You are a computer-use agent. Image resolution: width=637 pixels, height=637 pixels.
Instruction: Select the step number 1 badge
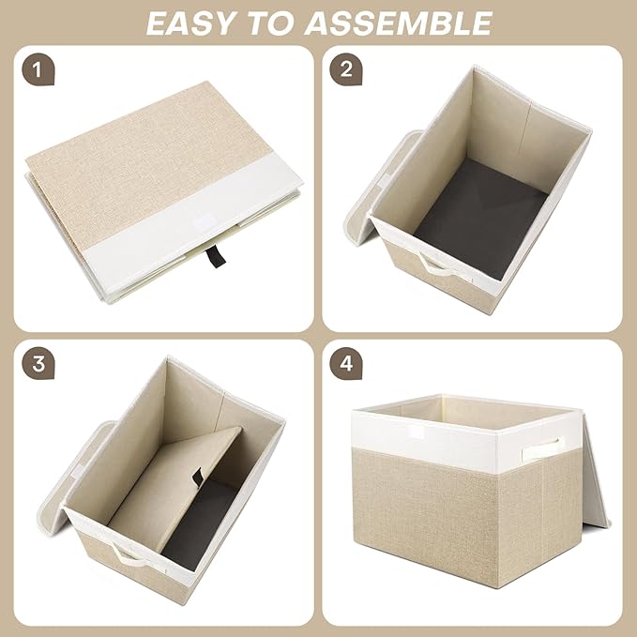[x=37, y=68]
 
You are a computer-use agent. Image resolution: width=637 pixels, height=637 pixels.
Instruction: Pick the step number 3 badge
[x=37, y=363]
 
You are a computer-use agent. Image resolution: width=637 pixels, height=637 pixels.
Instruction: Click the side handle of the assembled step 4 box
[x=550, y=445]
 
